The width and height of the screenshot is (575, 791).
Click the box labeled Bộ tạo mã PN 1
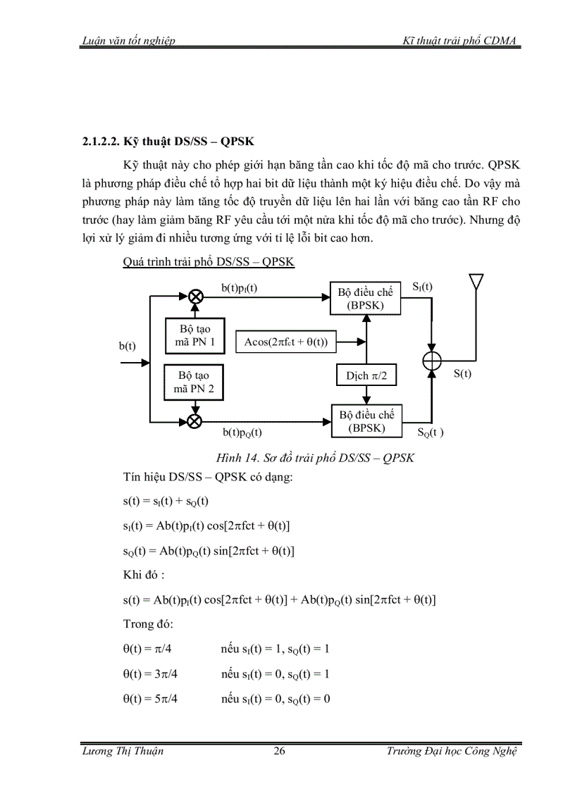click(x=194, y=337)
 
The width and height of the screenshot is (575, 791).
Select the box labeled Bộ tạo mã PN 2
click(x=194, y=383)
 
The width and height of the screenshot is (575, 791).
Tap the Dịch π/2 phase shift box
click(x=366, y=377)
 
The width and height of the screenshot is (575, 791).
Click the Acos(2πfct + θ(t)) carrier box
click(x=290, y=342)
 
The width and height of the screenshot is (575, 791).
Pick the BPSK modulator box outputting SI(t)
click(x=366, y=299)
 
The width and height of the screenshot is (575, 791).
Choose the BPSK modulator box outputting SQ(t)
click(x=366, y=421)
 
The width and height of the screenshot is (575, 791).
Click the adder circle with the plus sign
click(x=431, y=360)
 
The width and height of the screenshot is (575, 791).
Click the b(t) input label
click(x=128, y=346)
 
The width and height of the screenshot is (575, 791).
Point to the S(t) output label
click(x=462, y=374)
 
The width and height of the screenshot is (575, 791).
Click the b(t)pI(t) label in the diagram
click(x=240, y=288)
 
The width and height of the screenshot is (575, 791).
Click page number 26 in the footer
click(x=279, y=751)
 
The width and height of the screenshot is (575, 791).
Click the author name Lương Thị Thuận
click(x=123, y=751)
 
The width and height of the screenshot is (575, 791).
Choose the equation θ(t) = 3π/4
click(x=150, y=674)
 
